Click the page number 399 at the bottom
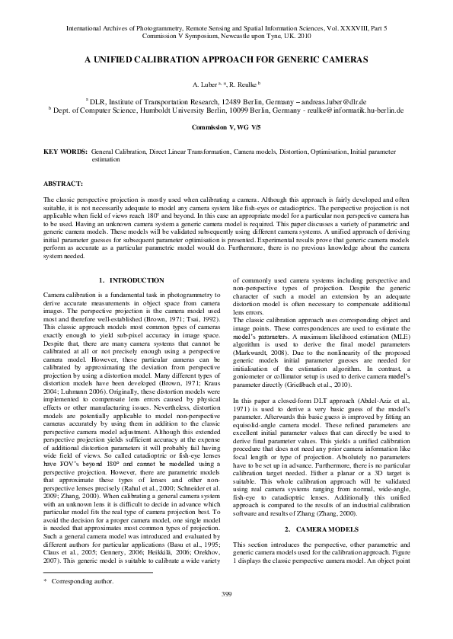(226, 615)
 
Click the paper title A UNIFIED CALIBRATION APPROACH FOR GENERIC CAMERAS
(226, 59)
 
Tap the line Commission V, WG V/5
(226, 127)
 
